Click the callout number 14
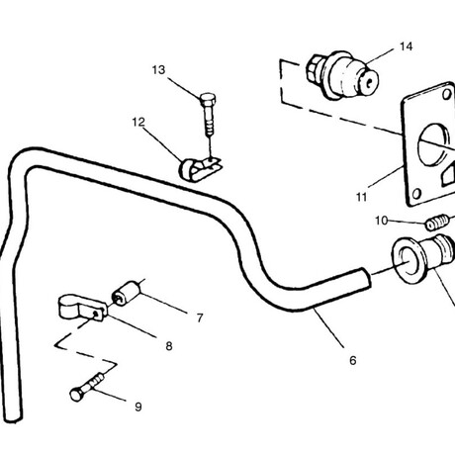click(x=407, y=46)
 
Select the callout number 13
click(x=158, y=70)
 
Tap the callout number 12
click(x=138, y=123)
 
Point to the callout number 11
click(x=362, y=197)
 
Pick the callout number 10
click(x=382, y=221)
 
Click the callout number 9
click(x=138, y=407)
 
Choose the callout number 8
click(x=169, y=346)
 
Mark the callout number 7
click(x=200, y=318)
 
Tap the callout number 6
click(x=353, y=360)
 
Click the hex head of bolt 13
click(x=208, y=99)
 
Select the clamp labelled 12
click(x=199, y=169)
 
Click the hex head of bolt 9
click(x=77, y=395)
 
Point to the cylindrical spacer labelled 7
click(x=127, y=293)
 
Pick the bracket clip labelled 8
click(x=83, y=308)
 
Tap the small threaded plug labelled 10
click(x=437, y=223)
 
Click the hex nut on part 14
click(x=316, y=70)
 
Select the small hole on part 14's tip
click(x=371, y=81)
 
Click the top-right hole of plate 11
click(x=447, y=95)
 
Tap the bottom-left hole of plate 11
click(x=416, y=194)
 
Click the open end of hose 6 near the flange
click(x=366, y=278)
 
